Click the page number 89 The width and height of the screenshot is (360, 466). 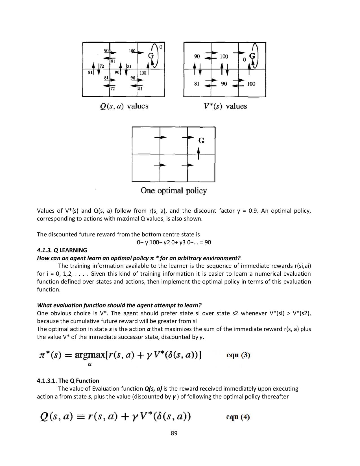point(174,433)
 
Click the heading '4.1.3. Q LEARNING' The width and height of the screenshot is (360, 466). point(62,250)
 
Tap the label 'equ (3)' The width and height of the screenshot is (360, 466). point(238,355)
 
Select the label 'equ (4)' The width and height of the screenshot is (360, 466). point(238,417)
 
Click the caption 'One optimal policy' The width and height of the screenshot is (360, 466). point(174,191)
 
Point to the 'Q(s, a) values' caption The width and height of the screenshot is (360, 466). point(124,106)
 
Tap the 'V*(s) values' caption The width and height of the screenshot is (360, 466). point(225,106)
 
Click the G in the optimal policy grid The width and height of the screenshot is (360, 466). point(201,140)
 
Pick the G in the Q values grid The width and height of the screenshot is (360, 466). point(151,56)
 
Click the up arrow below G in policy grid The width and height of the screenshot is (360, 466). point(198,154)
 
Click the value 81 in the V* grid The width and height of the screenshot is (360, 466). point(197,84)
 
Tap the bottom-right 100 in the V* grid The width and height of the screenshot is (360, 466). point(251,84)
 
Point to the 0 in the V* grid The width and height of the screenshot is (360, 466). point(244,60)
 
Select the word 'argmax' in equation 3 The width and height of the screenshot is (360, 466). point(90,355)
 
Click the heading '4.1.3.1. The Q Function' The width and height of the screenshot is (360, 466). point(68,381)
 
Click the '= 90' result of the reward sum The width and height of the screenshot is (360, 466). point(205,242)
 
